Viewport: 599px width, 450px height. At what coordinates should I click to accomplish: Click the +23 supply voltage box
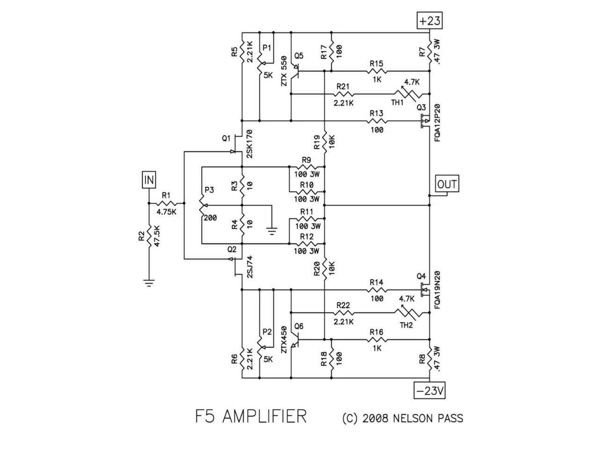pos(429,21)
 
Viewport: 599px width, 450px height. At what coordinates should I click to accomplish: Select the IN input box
pos(149,180)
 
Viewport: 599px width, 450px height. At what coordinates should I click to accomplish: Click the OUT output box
pos(447,184)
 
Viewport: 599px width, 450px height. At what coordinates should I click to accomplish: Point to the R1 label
pos(166,195)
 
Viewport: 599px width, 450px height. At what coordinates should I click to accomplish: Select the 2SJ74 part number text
pos(249,268)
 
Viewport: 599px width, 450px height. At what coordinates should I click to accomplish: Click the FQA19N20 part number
pos(437,290)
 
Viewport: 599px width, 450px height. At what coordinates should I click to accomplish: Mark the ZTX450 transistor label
pos(283,339)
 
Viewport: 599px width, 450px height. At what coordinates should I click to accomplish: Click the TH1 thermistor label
pos(397,103)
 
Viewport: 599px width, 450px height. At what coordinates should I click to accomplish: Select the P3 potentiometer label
pos(209,190)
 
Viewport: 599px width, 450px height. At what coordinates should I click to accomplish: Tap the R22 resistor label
pos(343,305)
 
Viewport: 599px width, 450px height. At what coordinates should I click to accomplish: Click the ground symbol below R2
pos(149,283)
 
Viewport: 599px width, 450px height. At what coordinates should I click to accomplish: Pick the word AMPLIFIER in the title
pos(264,416)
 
